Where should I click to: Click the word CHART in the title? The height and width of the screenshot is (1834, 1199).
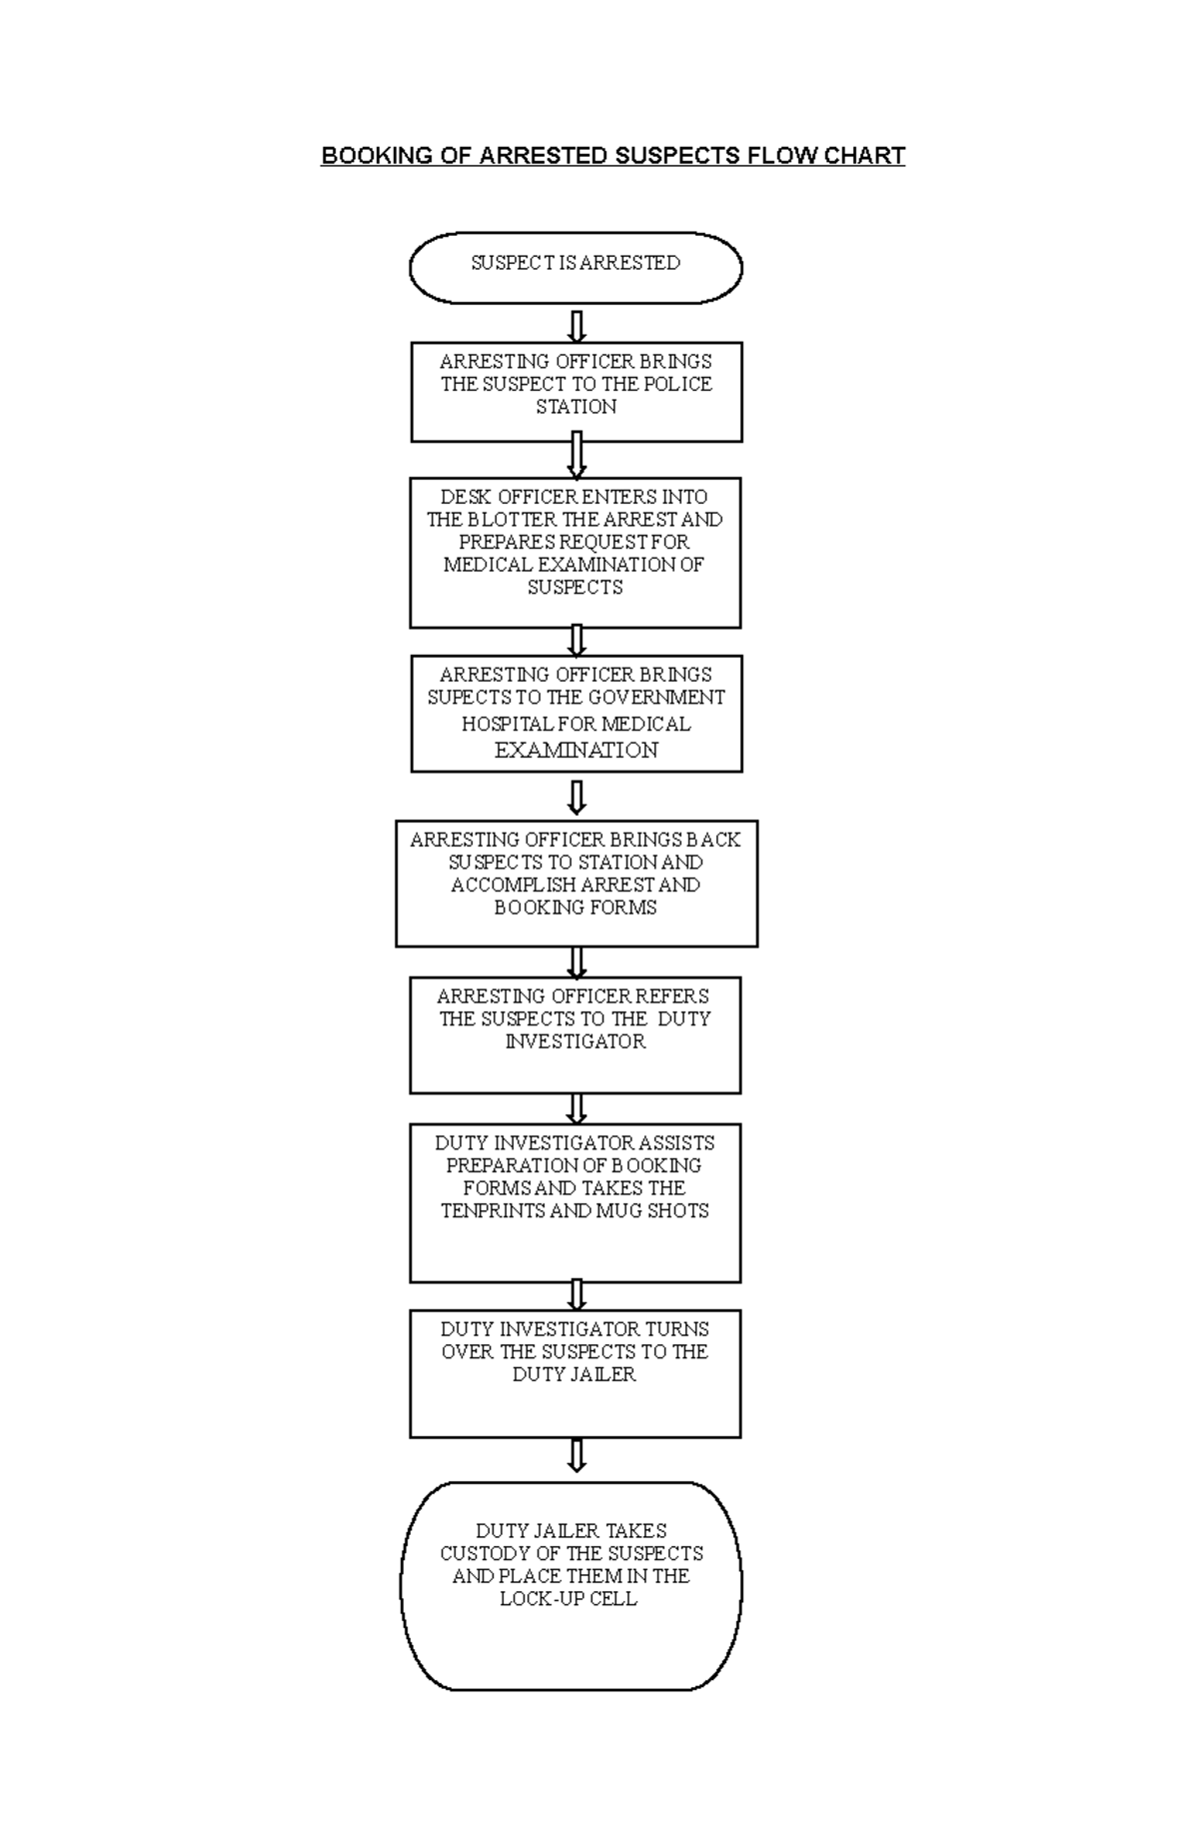click(864, 156)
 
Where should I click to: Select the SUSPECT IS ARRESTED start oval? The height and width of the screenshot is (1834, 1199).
click(576, 267)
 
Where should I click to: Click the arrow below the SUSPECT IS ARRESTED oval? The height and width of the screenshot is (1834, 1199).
click(577, 326)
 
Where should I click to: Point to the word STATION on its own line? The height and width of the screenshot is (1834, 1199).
click(576, 407)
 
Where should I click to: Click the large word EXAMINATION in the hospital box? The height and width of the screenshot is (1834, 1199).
click(576, 751)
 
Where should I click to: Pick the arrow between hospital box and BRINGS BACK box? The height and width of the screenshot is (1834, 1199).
click(577, 797)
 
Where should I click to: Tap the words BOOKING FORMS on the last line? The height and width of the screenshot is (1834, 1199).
click(576, 908)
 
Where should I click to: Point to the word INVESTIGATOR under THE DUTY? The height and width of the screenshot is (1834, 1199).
click(576, 1041)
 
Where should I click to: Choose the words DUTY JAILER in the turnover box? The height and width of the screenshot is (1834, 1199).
click(574, 1374)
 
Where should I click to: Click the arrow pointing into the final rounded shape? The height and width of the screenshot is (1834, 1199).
click(577, 1455)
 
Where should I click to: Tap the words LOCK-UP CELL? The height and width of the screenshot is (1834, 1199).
click(568, 1598)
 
